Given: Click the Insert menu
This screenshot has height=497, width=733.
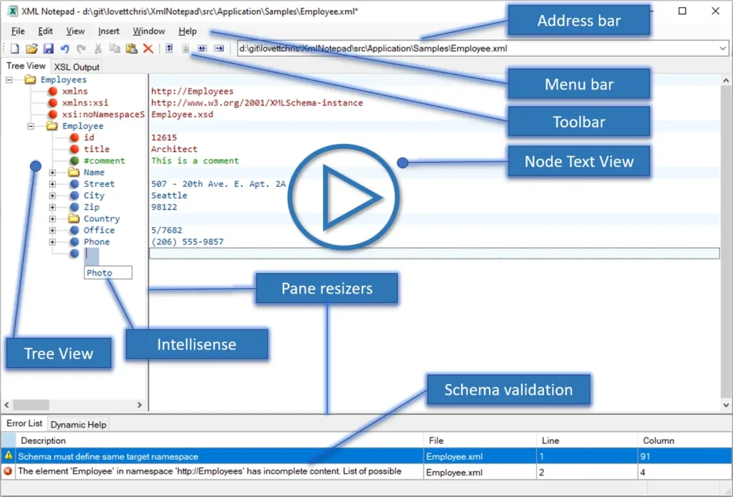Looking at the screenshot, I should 109,32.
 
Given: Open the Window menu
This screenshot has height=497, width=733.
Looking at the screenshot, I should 149,32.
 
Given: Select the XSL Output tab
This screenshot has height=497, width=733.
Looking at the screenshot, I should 77,67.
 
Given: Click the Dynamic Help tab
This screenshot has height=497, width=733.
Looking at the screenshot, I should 78,425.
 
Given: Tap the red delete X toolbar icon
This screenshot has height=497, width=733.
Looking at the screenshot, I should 148,49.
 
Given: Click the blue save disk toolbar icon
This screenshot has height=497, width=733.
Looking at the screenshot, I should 49,49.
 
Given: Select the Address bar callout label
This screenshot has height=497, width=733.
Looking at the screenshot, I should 578,21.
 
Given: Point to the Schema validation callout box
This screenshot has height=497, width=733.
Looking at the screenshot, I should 508,390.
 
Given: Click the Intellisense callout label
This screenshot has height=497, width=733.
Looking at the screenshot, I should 196,344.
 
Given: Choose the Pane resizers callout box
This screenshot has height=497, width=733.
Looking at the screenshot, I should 326,289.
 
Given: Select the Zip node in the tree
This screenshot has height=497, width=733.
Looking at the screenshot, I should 92,207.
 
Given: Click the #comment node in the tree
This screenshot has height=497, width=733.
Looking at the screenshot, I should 104,160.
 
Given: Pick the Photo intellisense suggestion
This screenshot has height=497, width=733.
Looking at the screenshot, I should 100,273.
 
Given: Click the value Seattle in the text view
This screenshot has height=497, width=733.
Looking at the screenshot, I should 169,196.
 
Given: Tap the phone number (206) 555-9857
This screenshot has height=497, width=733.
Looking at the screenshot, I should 187,242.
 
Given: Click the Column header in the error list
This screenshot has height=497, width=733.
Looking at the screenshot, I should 659,440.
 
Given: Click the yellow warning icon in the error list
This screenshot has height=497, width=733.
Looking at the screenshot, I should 8,455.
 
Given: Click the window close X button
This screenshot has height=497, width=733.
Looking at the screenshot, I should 715,11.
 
